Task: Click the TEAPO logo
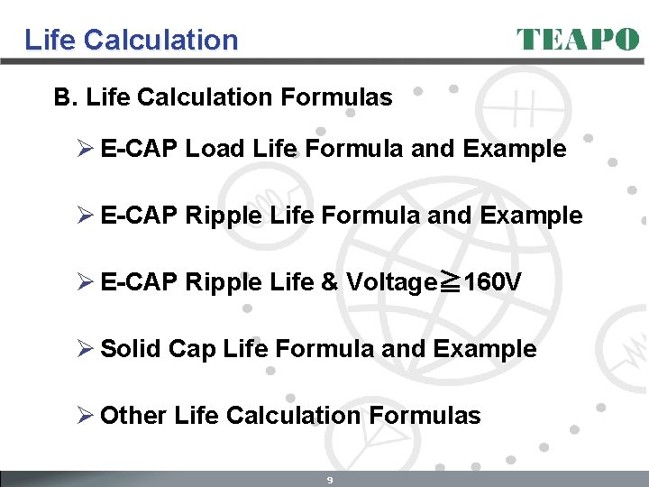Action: point(578,40)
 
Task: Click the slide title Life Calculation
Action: point(132,40)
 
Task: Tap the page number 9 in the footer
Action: point(330,480)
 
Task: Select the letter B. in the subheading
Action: point(66,97)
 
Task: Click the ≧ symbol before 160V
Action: point(449,283)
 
